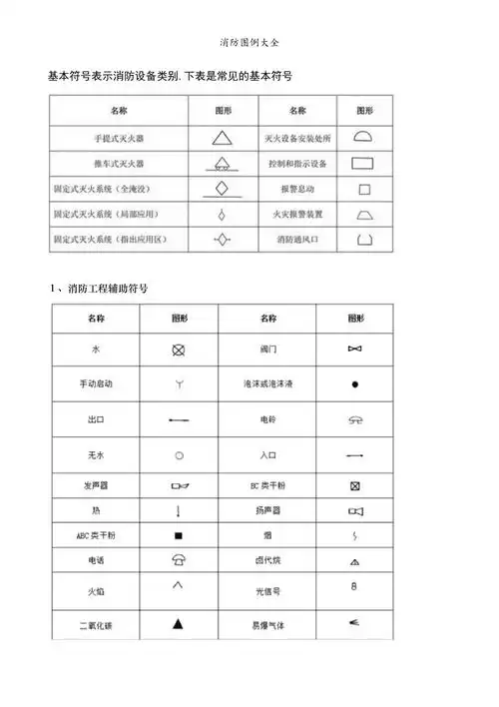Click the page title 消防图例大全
249,45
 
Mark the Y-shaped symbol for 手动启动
179,383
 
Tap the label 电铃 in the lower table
267,419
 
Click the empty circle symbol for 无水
179,454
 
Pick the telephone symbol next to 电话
179,561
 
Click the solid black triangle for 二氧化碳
179,624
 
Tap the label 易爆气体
267,625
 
